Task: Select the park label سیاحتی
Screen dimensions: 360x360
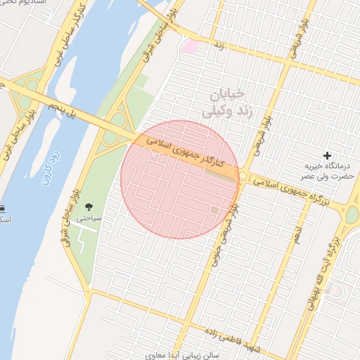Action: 90,219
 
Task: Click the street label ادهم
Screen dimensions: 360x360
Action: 297,235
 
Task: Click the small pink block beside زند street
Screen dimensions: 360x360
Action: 190,46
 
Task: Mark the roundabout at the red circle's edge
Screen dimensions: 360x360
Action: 242,176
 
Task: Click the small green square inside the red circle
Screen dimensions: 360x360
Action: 214,210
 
